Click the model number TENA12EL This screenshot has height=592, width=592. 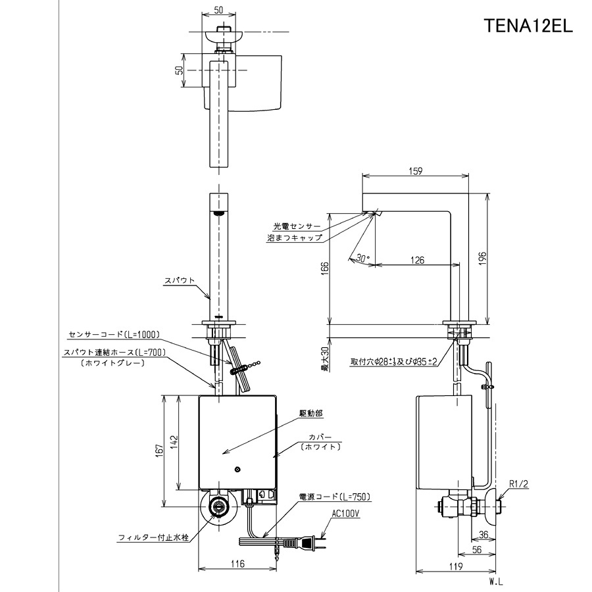pos(528,26)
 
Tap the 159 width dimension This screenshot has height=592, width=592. pos(415,171)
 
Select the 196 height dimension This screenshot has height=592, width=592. pos(483,259)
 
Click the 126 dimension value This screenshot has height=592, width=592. pos(417,260)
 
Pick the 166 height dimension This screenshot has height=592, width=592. pos(325,269)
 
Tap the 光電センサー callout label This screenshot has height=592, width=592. pos(297,226)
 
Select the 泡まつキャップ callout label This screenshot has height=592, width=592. pos(295,238)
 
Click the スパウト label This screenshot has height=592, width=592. pos(180,280)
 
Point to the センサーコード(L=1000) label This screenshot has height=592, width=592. pos(114,334)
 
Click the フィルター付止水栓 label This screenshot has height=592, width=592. pos(153,537)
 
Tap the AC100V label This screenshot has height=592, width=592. pos(346,514)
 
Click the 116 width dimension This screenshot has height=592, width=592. pos(237,564)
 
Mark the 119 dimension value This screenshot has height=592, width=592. pos(456,566)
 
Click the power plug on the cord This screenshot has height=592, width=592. pos(310,543)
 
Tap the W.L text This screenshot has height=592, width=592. pos(496,582)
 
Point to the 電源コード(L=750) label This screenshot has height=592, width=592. pos(335,497)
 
